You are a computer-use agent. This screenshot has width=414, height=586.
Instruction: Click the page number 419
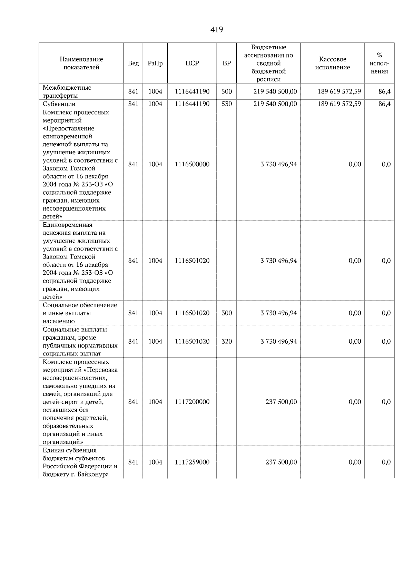point(216,30)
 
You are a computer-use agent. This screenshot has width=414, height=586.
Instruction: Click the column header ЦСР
point(192,63)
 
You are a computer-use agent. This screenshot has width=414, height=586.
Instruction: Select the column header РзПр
point(155,63)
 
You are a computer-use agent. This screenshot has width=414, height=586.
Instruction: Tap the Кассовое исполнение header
point(332,63)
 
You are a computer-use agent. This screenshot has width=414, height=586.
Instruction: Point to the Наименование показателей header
point(81,63)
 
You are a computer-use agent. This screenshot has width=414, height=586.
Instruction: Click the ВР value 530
point(226,104)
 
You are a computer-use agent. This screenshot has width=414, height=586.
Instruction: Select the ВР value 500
point(226,91)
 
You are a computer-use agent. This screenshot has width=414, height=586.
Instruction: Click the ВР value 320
point(226,341)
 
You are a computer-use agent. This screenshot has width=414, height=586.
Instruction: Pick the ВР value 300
point(226,313)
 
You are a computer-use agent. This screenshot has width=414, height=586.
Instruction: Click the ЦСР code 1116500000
point(192,164)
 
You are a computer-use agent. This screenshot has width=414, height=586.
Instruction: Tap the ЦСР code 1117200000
point(192,402)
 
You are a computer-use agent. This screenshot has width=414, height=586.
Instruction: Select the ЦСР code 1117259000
point(192,462)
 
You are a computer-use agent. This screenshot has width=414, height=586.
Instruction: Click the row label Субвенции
point(59,104)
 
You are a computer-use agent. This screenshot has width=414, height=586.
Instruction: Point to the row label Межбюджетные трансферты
point(67,91)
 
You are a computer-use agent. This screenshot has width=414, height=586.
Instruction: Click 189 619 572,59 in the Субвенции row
point(339,104)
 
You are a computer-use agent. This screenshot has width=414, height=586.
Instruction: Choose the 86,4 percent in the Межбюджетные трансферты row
point(384,91)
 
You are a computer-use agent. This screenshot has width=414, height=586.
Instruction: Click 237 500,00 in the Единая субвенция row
point(281,462)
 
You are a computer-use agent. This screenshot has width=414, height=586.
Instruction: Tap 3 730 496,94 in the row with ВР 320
point(278,341)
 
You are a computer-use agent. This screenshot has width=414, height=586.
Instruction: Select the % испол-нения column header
point(379,63)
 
